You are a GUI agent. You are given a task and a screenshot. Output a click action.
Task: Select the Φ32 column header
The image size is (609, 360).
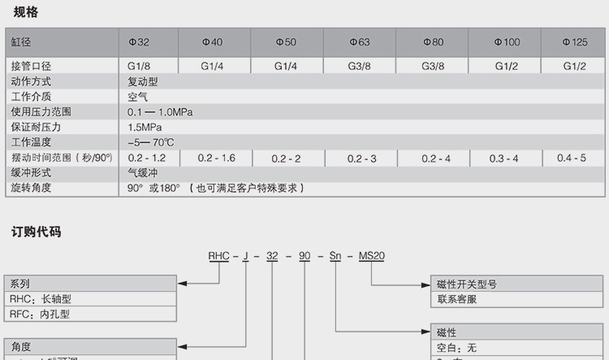tap(140, 41)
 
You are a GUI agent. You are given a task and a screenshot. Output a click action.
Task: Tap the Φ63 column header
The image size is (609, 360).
tap(360, 41)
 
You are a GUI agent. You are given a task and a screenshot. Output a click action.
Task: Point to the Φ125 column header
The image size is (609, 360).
tap(575, 41)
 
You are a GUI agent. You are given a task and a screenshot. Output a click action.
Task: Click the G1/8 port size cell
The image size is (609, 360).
tap(140, 66)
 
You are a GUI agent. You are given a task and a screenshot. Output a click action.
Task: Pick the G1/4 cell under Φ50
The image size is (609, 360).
tap(286, 66)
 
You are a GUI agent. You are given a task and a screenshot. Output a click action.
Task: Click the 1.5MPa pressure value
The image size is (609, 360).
tap(145, 128)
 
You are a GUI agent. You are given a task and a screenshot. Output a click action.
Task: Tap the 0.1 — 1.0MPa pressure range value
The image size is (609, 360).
tap(160, 112)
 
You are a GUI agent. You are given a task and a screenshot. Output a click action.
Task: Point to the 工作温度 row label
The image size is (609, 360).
tap(31, 142)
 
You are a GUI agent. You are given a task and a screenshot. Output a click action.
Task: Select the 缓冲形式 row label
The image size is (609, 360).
tap(31, 172)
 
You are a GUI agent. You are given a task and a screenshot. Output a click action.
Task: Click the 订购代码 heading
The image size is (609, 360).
tap(36, 232)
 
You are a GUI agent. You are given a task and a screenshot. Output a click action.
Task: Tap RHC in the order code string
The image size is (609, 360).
tap(219, 256)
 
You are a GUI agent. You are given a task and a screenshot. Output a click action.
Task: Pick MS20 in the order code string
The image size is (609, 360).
tap(371, 256)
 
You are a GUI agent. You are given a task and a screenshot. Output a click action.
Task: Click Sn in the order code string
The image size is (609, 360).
tap(335, 256)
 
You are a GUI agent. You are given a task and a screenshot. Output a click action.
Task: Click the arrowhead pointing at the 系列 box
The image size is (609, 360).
tap(183, 284)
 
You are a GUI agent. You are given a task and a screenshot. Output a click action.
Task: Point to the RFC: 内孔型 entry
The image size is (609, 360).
tap(40, 313)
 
